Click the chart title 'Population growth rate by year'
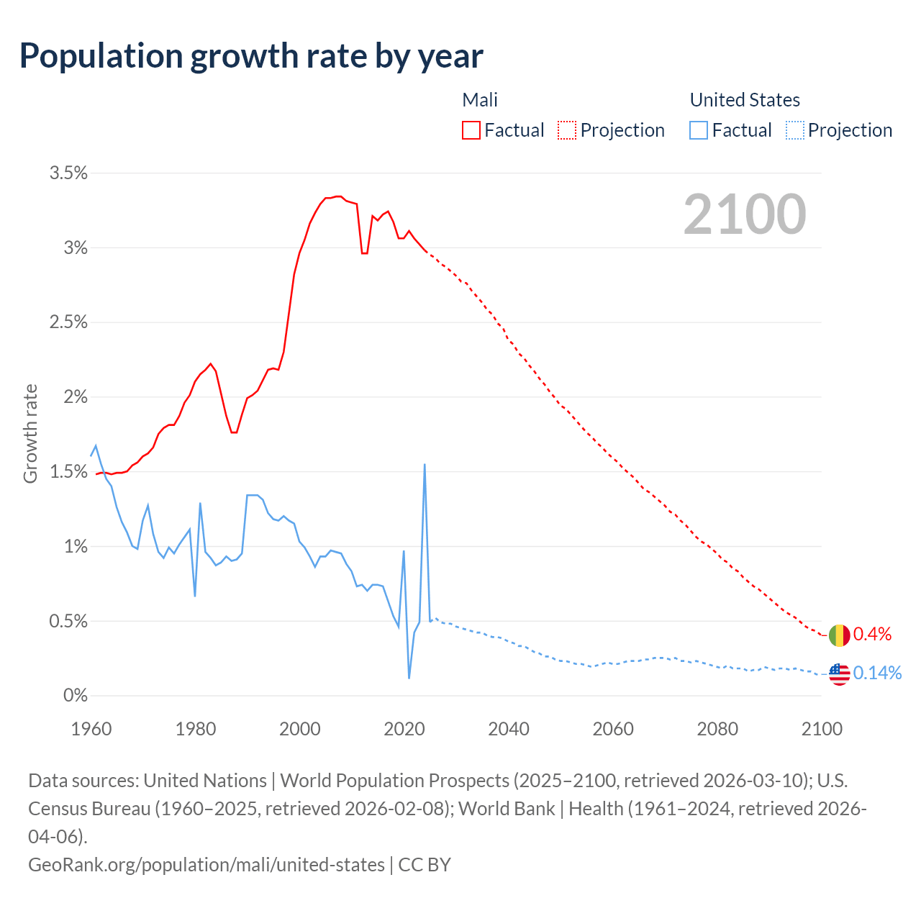pos(251,56)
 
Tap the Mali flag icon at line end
pos(839,635)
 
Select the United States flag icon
pos(839,674)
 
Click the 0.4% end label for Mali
pos(872,634)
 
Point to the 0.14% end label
pos(877,673)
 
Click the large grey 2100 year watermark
pos(745,214)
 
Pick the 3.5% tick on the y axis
pos(68,173)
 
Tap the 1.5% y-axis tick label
pos(68,472)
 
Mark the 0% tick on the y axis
pos(75,696)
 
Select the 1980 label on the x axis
pos(196,729)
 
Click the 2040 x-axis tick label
pos(509,729)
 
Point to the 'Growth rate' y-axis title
pos(30,434)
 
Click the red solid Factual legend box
pos(471,130)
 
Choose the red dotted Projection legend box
pos(567,130)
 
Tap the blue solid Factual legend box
pos(699,130)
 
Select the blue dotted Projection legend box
pos(794,130)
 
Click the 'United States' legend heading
pos(745,100)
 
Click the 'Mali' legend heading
pos(480,100)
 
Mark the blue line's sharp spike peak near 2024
pos(425,465)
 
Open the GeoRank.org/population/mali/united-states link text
pos(207,864)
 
